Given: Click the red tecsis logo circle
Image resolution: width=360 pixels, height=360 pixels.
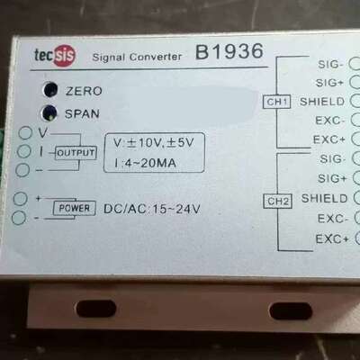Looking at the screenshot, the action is tap(64, 56).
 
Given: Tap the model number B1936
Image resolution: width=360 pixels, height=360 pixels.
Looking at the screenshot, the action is tap(229, 51).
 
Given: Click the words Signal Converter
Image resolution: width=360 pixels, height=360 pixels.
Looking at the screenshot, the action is tap(137, 57).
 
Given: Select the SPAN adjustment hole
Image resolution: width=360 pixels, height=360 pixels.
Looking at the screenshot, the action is tap(49, 112).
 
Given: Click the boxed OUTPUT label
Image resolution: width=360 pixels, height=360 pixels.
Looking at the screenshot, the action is tap(76, 153).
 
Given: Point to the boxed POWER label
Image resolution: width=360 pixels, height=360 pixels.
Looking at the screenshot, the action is tap(75, 208).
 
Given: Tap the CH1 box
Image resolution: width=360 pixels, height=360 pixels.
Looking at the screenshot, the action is tap(277, 102).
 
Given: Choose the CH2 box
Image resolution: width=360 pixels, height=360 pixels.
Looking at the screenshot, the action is tap(278, 202).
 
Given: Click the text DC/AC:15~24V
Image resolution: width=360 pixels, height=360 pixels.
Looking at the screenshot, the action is tap(152, 209).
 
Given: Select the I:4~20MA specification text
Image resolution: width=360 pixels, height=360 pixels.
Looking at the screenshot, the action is tap(145, 163).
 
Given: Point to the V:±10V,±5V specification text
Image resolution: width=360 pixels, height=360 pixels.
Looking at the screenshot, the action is tap(154, 143).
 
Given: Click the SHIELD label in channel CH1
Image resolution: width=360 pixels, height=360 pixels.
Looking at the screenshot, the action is tap(322, 102).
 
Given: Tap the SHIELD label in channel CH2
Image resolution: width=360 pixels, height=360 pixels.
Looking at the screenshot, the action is tap(324, 198).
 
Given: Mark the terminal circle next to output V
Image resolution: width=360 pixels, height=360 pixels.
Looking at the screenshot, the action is tap(25, 132).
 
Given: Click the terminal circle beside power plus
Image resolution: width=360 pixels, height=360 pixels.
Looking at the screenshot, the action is tap(21, 199).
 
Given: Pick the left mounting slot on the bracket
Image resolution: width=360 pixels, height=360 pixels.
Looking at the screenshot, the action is tap(96, 309).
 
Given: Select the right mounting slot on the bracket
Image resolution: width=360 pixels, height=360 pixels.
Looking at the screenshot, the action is tap(291, 311).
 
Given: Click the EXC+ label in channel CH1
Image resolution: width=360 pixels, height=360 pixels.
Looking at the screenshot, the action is tap(329, 139).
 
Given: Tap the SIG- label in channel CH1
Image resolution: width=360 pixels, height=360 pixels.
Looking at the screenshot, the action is tap(330, 64).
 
